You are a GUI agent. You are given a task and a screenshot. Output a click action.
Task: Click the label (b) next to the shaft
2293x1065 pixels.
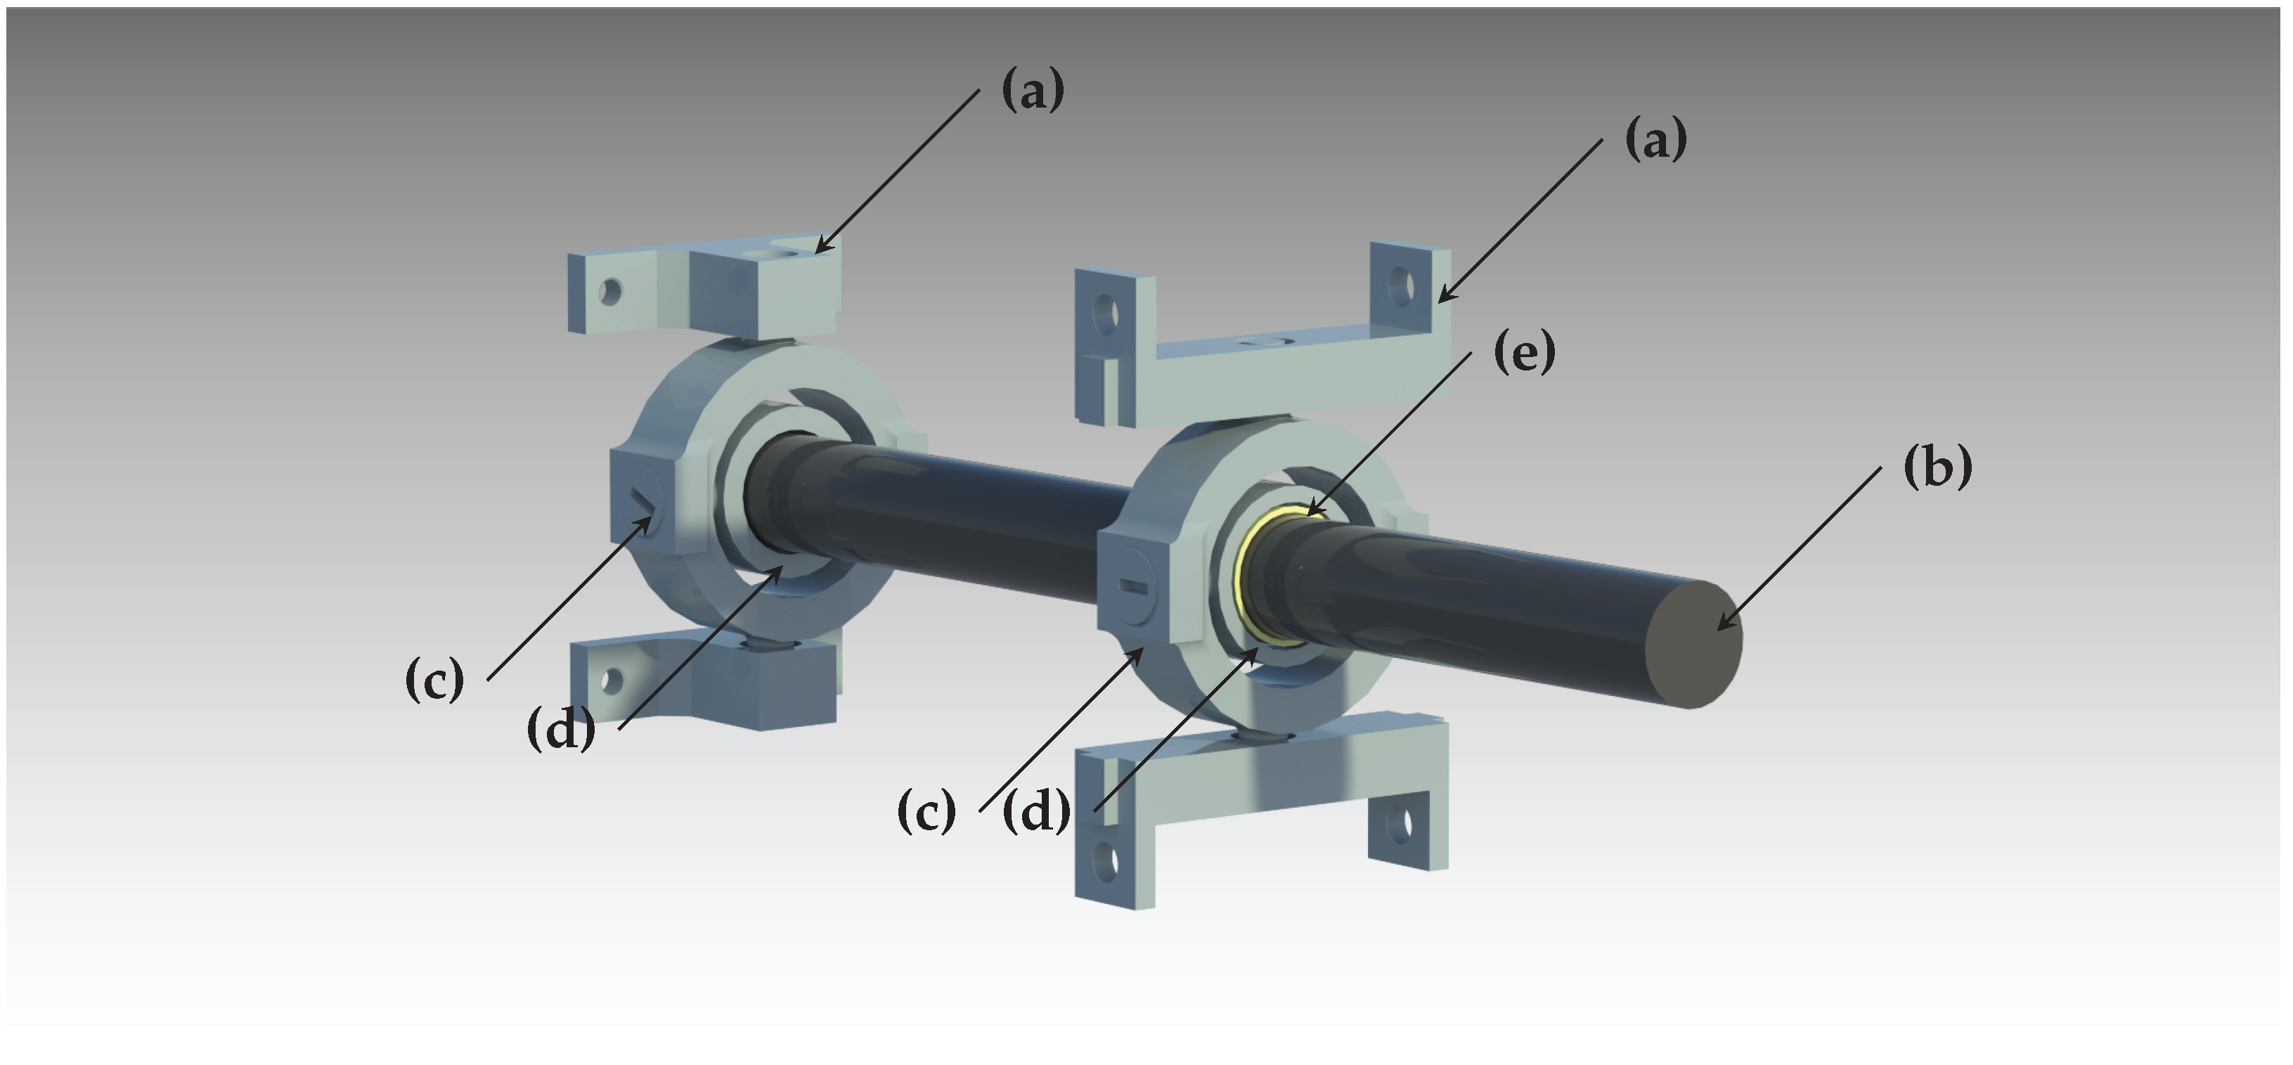(1937, 467)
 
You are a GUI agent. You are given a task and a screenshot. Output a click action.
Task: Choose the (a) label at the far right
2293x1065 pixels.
(1655, 141)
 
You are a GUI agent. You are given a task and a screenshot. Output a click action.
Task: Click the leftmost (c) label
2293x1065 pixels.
(434, 680)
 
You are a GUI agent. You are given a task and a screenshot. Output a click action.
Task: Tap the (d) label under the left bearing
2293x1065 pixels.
(561, 730)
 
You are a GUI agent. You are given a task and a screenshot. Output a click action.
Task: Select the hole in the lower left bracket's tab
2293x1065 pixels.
(609, 681)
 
